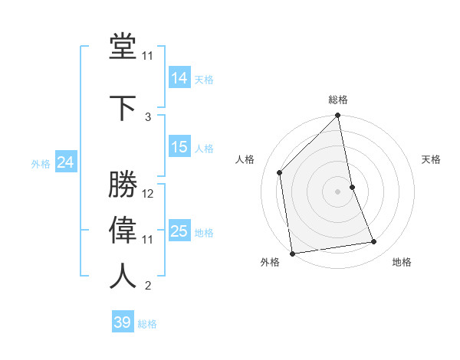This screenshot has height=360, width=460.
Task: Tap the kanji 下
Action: point(123,106)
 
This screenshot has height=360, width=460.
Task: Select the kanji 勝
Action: point(123,184)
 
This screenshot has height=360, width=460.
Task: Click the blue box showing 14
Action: point(179,77)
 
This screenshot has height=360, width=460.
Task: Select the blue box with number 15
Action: point(179,147)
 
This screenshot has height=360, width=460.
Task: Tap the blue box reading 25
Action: point(179,231)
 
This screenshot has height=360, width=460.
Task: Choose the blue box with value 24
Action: point(66,162)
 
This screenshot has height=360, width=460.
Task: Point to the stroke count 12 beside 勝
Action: point(148,194)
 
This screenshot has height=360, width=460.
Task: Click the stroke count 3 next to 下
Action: point(148,116)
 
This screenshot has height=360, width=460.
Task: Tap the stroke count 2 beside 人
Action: point(148,286)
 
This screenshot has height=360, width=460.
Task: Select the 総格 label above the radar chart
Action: point(338,100)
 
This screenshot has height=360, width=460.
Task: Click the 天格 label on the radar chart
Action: point(431,159)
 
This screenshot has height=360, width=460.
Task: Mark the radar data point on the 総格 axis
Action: point(338,116)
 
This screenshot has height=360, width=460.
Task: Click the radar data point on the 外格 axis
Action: point(292,253)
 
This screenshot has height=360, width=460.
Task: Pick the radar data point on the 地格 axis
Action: point(374,242)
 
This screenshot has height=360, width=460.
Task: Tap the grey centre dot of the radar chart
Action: point(338,191)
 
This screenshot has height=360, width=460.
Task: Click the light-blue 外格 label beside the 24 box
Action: point(41,164)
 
